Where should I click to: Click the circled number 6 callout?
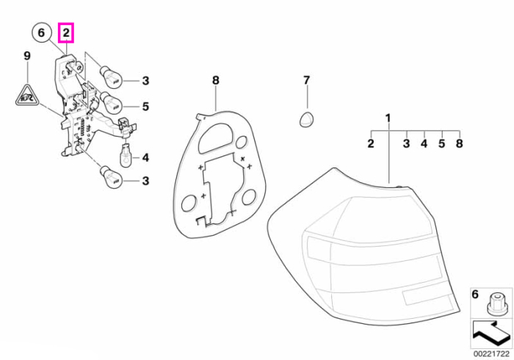coord(41,33)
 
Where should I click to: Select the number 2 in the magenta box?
coord(66,33)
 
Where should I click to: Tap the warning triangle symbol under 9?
coord(27,96)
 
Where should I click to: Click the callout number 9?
coord(27,56)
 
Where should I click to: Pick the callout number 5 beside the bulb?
coord(145,107)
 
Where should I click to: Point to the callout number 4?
coord(145,158)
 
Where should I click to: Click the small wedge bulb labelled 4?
coord(126,154)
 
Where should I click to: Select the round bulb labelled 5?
coord(111,102)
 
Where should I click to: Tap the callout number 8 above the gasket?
coord(215,80)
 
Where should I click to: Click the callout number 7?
coord(306,80)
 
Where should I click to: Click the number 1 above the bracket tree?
coord(388,118)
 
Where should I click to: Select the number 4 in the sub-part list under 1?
coord(424,143)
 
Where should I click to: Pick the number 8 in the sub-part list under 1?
coord(459,143)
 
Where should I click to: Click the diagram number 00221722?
coord(491,354)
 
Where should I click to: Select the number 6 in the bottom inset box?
coord(475,294)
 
